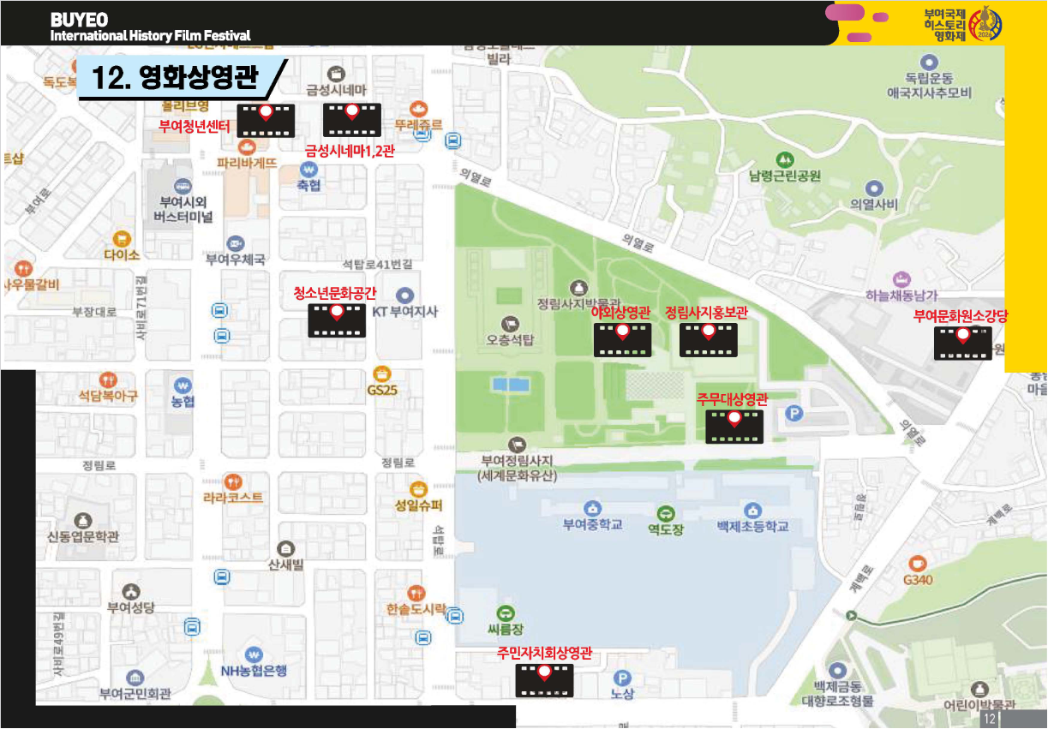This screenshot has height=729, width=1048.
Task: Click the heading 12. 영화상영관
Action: (x=176, y=79)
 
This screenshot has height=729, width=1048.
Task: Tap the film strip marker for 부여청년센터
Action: (x=266, y=121)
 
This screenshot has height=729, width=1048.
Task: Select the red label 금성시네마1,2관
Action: (x=350, y=151)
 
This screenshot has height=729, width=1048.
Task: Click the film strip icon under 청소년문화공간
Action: (x=337, y=320)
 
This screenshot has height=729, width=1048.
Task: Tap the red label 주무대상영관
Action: (x=732, y=400)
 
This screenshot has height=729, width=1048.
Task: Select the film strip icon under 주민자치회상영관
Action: (x=544, y=680)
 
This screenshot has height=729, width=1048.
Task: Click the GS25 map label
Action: (x=382, y=391)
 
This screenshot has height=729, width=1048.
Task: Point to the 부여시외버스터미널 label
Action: (x=183, y=209)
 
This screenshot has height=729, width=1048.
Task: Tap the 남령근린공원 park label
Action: (x=785, y=176)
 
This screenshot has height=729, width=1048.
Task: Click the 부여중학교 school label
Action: (x=592, y=524)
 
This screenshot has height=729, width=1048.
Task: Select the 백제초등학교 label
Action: (x=752, y=526)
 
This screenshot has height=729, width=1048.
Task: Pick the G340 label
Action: (x=918, y=580)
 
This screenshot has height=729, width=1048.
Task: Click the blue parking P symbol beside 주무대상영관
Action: (x=795, y=415)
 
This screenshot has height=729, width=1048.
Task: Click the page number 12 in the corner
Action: (x=990, y=718)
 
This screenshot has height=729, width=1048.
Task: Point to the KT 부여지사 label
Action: (x=405, y=312)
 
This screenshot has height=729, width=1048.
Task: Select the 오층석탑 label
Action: (x=510, y=339)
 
